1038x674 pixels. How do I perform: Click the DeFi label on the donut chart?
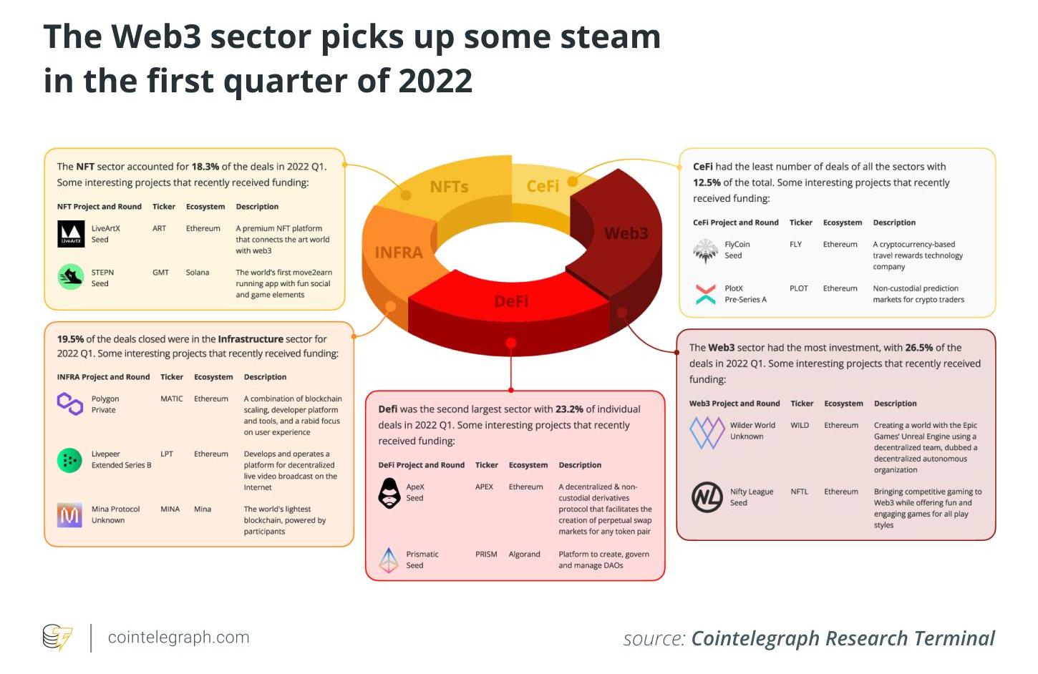(x=511, y=301)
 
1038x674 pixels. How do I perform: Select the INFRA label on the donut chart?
(x=399, y=253)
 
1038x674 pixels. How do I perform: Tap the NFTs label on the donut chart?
(x=449, y=187)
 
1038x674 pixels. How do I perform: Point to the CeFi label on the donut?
(x=543, y=186)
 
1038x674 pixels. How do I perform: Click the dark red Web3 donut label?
(x=626, y=233)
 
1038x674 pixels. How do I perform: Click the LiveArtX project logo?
(x=71, y=234)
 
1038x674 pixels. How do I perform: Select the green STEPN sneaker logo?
(x=71, y=277)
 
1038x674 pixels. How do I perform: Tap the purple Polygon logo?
(x=70, y=404)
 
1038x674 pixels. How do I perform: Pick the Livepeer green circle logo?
(x=70, y=460)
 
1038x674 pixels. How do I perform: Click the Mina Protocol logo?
(x=70, y=514)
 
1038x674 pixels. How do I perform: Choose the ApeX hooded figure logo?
(x=389, y=493)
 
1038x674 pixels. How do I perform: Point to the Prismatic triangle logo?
(x=389, y=560)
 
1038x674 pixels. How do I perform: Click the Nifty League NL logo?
(x=707, y=497)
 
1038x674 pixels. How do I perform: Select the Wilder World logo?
(x=707, y=431)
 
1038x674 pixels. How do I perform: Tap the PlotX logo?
(x=705, y=293)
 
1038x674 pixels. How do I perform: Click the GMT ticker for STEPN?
(x=160, y=273)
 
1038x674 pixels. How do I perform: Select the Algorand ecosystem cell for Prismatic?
(x=524, y=555)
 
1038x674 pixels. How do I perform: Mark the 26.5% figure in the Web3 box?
(x=918, y=348)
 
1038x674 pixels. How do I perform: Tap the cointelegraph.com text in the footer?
(x=178, y=638)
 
